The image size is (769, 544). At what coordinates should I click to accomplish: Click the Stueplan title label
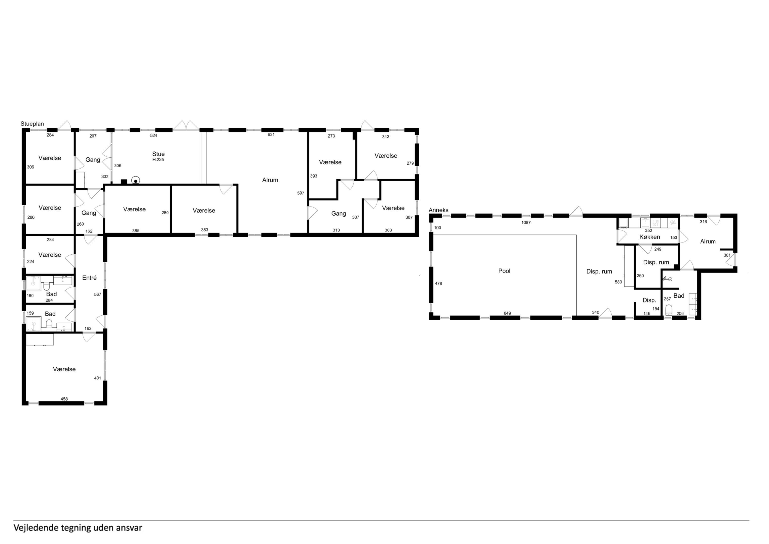coord(32,124)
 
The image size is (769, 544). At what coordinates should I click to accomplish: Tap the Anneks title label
coord(438,210)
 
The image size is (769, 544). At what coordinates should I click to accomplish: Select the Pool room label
coord(504,271)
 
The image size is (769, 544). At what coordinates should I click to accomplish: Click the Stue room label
coord(158,154)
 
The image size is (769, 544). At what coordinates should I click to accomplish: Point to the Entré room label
coord(89,278)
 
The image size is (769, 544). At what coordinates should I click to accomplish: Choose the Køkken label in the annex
coord(649,237)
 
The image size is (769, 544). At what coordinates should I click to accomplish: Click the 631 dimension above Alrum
coord(271,135)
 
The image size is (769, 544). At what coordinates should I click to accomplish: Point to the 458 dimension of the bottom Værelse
coord(64,399)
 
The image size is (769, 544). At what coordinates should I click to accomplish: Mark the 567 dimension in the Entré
coord(97,295)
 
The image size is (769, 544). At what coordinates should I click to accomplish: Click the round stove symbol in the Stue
coord(136,181)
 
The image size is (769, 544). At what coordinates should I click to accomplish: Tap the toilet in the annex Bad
coord(669,310)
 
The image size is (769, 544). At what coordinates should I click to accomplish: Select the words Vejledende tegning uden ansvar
coord(78,528)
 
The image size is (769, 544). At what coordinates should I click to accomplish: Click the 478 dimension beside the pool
coord(438,284)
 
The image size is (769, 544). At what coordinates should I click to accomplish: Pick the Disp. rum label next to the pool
coord(599,271)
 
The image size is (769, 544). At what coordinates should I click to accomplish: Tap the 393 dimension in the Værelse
coord(313,176)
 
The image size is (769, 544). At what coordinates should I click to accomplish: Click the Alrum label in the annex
coord(708,241)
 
